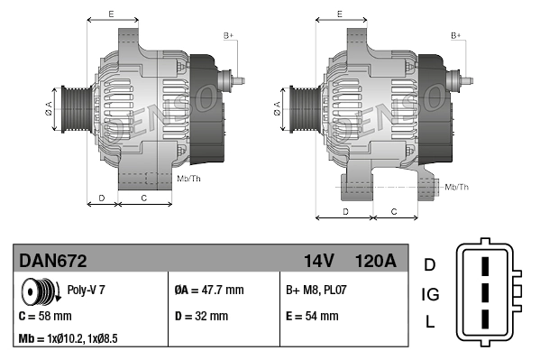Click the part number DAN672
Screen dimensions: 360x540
(x=53, y=261)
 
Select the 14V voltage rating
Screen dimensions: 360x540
(x=318, y=261)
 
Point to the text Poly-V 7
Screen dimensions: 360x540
(x=87, y=291)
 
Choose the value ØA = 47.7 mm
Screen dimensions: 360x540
(x=208, y=291)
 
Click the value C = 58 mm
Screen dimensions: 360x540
(x=46, y=317)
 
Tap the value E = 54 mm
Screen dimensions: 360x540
(x=312, y=317)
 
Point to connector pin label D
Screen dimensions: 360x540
(x=429, y=264)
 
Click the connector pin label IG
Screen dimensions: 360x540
(x=429, y=293)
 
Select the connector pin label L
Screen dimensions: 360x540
(x=429, y=322)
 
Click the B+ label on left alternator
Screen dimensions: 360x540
(x=228, y=35)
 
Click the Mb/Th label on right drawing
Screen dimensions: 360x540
(x=456, y=187)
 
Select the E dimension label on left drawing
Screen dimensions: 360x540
(x=111, y=14)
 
